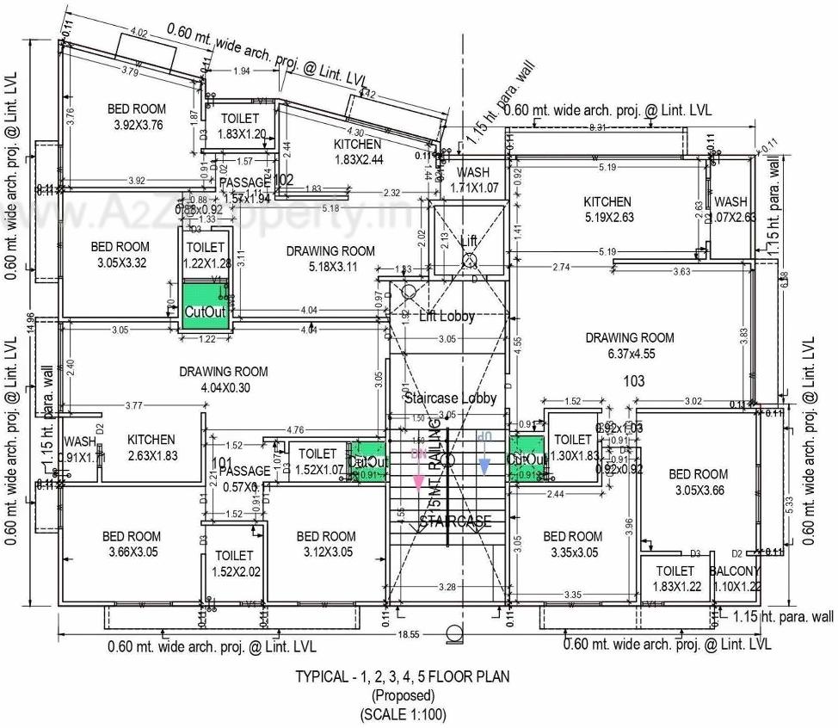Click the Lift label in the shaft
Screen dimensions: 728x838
tap(468, 241)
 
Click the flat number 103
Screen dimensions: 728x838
tap(632, 379)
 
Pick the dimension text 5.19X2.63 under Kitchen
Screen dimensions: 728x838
tap(608, 218)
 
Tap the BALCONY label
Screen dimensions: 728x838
tap(734, 571)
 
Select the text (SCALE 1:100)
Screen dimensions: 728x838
tap(403, 713)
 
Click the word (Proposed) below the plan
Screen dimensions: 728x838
tap(403, 694)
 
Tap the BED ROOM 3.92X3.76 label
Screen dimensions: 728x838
tap(138, 116)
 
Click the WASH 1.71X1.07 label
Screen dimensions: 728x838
tap(472, 180)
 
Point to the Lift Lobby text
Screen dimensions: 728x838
tap(447, 316)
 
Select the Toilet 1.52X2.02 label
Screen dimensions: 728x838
tap(234, 564)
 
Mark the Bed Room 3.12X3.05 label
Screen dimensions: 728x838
tap(325, 544)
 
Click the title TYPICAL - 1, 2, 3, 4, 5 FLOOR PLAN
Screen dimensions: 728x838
tap(402, 676)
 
